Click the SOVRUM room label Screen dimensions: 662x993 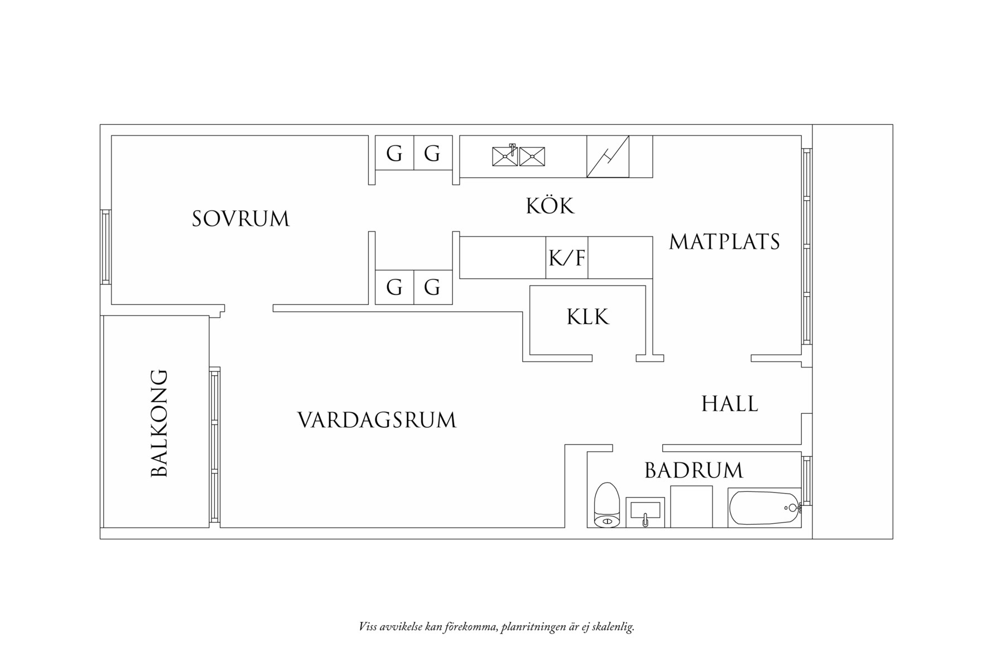coord(240,219)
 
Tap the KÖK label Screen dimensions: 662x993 coord(549,206)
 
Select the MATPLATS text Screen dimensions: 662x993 coord(724,241)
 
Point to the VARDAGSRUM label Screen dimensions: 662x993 coord(377,420)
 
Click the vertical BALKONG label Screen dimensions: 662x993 coord(160,423)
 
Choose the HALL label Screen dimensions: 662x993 coord(729,404)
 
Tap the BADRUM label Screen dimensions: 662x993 coord(693,471)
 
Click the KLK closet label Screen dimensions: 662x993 coord(587,317)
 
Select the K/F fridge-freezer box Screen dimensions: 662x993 coord(567,258)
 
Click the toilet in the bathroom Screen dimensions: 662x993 coord(607,505)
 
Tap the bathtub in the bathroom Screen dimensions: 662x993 coord(763,508)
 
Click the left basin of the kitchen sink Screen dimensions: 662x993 coord(505,156)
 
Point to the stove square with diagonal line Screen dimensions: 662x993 coord(608,157)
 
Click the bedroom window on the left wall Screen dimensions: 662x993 coord(105,247)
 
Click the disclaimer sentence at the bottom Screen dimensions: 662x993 coord(497,627)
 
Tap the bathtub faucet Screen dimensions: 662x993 coord(793,508)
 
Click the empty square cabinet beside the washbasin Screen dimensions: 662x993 coord(691,506)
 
